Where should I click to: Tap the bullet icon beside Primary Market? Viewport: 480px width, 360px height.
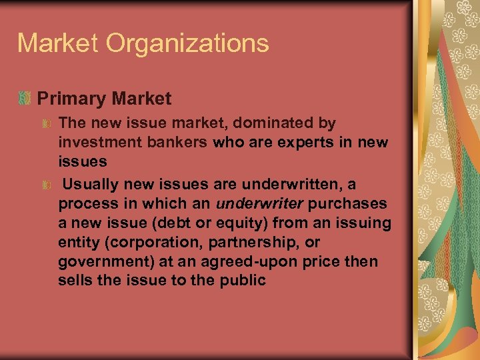pos(25,99)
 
